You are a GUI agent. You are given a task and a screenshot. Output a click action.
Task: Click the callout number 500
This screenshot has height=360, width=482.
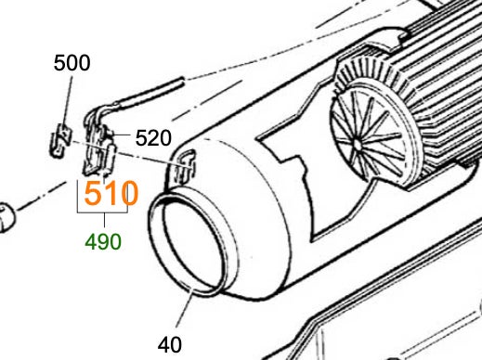[72, 63]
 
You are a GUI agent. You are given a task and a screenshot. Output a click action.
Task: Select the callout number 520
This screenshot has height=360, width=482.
[153, 138]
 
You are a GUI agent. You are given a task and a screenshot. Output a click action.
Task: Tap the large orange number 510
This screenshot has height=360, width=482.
[111, 193]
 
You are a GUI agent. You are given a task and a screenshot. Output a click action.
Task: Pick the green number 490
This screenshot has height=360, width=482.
[103, 242]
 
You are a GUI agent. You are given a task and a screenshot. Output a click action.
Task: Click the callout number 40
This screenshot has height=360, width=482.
[170, 344]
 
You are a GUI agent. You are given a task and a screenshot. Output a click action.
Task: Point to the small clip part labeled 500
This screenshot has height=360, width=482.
[60, 140]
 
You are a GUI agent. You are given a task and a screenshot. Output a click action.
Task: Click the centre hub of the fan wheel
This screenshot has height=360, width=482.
[358, 144]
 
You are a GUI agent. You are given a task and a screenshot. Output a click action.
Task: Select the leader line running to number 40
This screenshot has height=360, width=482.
[185, 307]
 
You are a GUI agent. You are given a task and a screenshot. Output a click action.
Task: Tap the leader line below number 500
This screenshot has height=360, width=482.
[68, 100]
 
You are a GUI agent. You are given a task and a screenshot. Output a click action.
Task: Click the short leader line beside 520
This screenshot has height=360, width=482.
[123, 135]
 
